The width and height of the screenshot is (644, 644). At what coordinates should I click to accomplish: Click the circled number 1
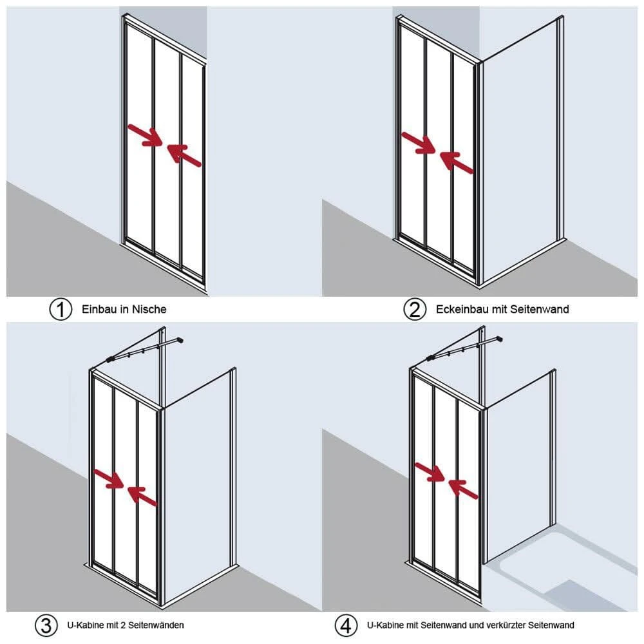[x=61, y=309]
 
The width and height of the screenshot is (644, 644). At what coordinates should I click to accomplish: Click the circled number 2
[x=414, y=309]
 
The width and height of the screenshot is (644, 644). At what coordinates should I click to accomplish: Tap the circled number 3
[x=46, y=625]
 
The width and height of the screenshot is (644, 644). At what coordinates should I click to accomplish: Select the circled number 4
[x=346, y=625]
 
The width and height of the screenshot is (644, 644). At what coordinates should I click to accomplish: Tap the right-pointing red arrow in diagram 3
[x=109, y=478]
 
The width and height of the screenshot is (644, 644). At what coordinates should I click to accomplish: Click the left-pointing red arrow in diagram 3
[x=142, y=496]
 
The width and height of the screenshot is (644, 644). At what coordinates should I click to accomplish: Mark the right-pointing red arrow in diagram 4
[x=430, y=471]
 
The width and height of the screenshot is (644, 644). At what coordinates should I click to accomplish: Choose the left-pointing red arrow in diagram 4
[x=463, y=489]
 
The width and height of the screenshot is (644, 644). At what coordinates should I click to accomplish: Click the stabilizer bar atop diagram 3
[x=144, y=350]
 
